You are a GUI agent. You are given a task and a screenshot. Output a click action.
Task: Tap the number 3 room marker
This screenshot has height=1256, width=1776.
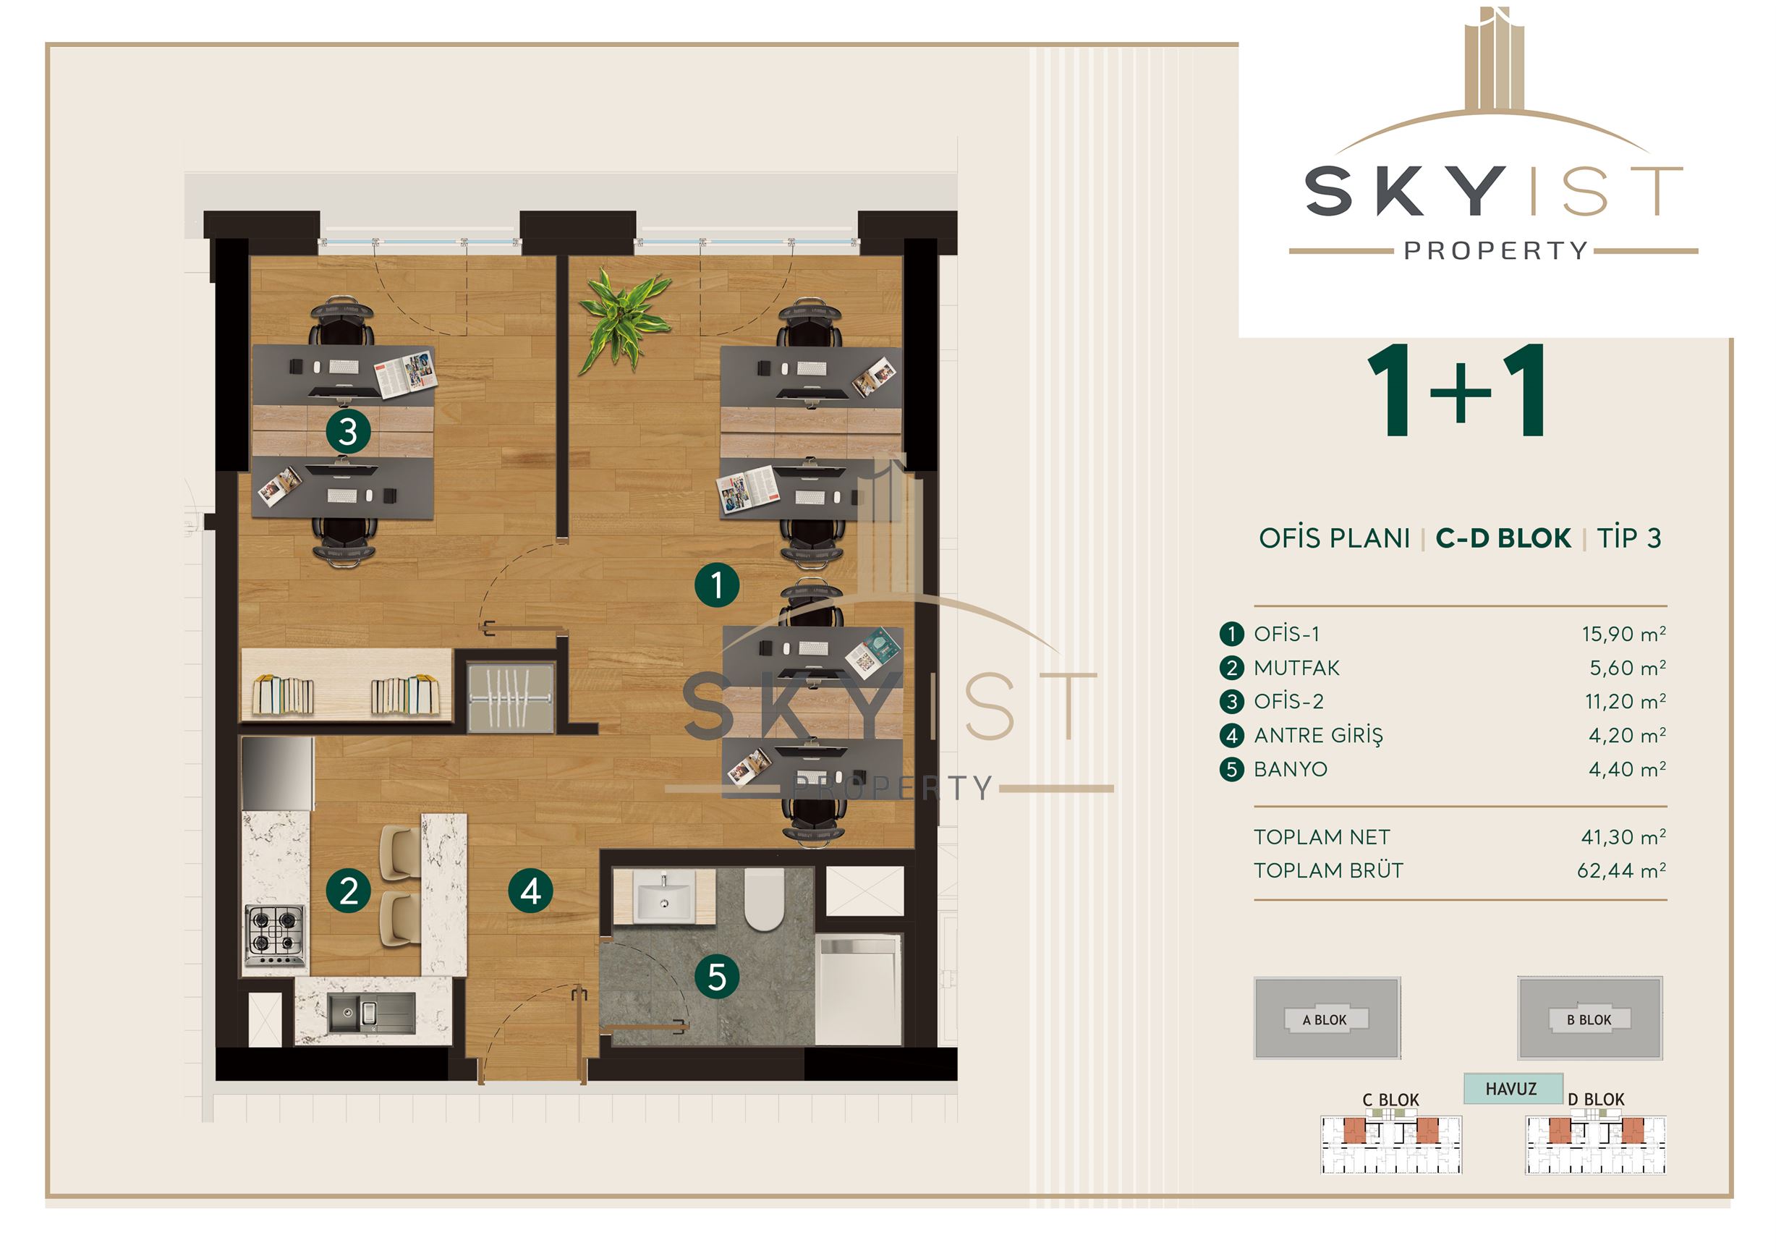click(348, 431)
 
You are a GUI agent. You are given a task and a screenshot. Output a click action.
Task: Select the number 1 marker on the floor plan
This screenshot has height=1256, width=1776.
click(717, 585)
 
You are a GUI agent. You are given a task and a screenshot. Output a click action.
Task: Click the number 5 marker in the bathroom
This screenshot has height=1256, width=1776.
click(717, 977)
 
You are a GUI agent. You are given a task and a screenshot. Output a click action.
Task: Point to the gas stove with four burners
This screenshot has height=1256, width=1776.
click(276, 935)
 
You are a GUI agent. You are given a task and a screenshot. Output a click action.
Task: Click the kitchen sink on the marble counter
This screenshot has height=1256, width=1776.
click(371, 1012)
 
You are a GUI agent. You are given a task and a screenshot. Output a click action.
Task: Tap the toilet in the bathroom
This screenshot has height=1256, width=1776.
click(764, 899)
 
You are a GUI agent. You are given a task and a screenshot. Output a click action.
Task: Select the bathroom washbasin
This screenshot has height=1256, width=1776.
click(663, 896)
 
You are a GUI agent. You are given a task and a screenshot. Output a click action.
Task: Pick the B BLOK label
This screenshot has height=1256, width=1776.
click(1589, 1020)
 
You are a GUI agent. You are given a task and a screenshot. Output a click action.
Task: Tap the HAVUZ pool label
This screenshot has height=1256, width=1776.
click(1511, 1089)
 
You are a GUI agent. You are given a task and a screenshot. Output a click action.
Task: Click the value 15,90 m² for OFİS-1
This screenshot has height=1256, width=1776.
click(1623, 635)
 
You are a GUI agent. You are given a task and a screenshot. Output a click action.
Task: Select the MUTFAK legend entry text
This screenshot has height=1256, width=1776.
click(1296, 668)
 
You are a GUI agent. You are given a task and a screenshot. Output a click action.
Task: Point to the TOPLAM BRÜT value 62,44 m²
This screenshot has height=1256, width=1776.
click(1621, 871)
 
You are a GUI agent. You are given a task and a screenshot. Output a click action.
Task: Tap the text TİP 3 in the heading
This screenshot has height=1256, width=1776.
click(1629, 538)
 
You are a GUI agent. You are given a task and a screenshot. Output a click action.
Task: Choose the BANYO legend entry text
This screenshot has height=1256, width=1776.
click(1291, 770)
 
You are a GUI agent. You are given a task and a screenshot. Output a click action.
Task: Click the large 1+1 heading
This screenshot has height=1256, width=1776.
click(1459, 391)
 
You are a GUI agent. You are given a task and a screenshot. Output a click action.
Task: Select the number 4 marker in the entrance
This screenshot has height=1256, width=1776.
click(531, 891)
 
